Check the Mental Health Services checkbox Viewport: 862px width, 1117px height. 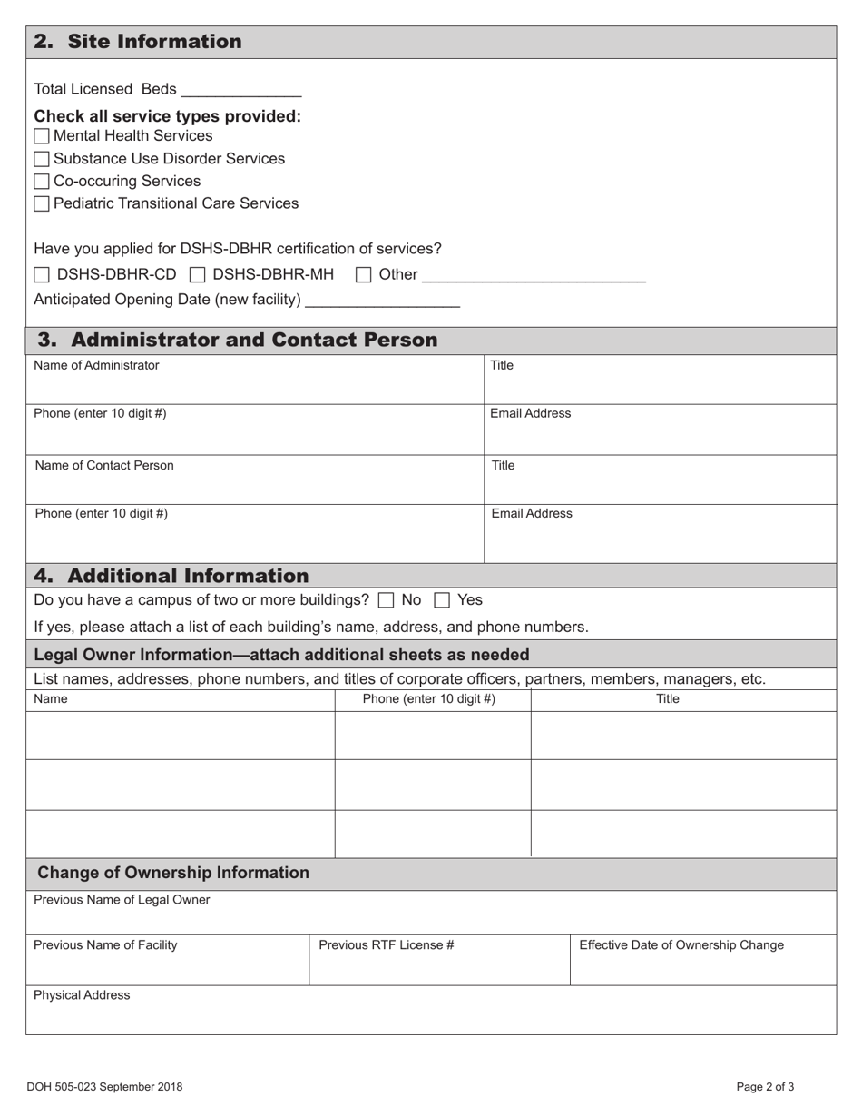tap(42, 137)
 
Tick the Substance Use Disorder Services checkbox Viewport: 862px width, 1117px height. tap(42, 160)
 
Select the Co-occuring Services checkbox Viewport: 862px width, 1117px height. tap(42, 182)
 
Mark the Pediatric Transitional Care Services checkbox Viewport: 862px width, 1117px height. tap(42, 204)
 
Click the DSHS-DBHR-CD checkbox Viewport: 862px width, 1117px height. tap(42, 275)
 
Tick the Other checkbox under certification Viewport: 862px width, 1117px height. tap(363, 275)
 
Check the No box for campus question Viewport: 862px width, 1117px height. tap(386, 600)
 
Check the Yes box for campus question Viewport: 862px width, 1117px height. tap(442, 600)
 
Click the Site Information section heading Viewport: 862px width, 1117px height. tap(138, 42)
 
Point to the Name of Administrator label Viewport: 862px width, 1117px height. tap(96, 365)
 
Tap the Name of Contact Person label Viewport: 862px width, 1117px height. tap(104, 466)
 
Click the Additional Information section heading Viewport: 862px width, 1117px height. tap(171, 576)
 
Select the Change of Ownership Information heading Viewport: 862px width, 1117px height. tap(173, 873)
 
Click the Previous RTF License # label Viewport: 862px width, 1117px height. tap(386, 944)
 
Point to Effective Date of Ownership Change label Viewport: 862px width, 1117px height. tap(681, 944)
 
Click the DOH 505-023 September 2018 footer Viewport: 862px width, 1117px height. tap(104, 1086)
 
